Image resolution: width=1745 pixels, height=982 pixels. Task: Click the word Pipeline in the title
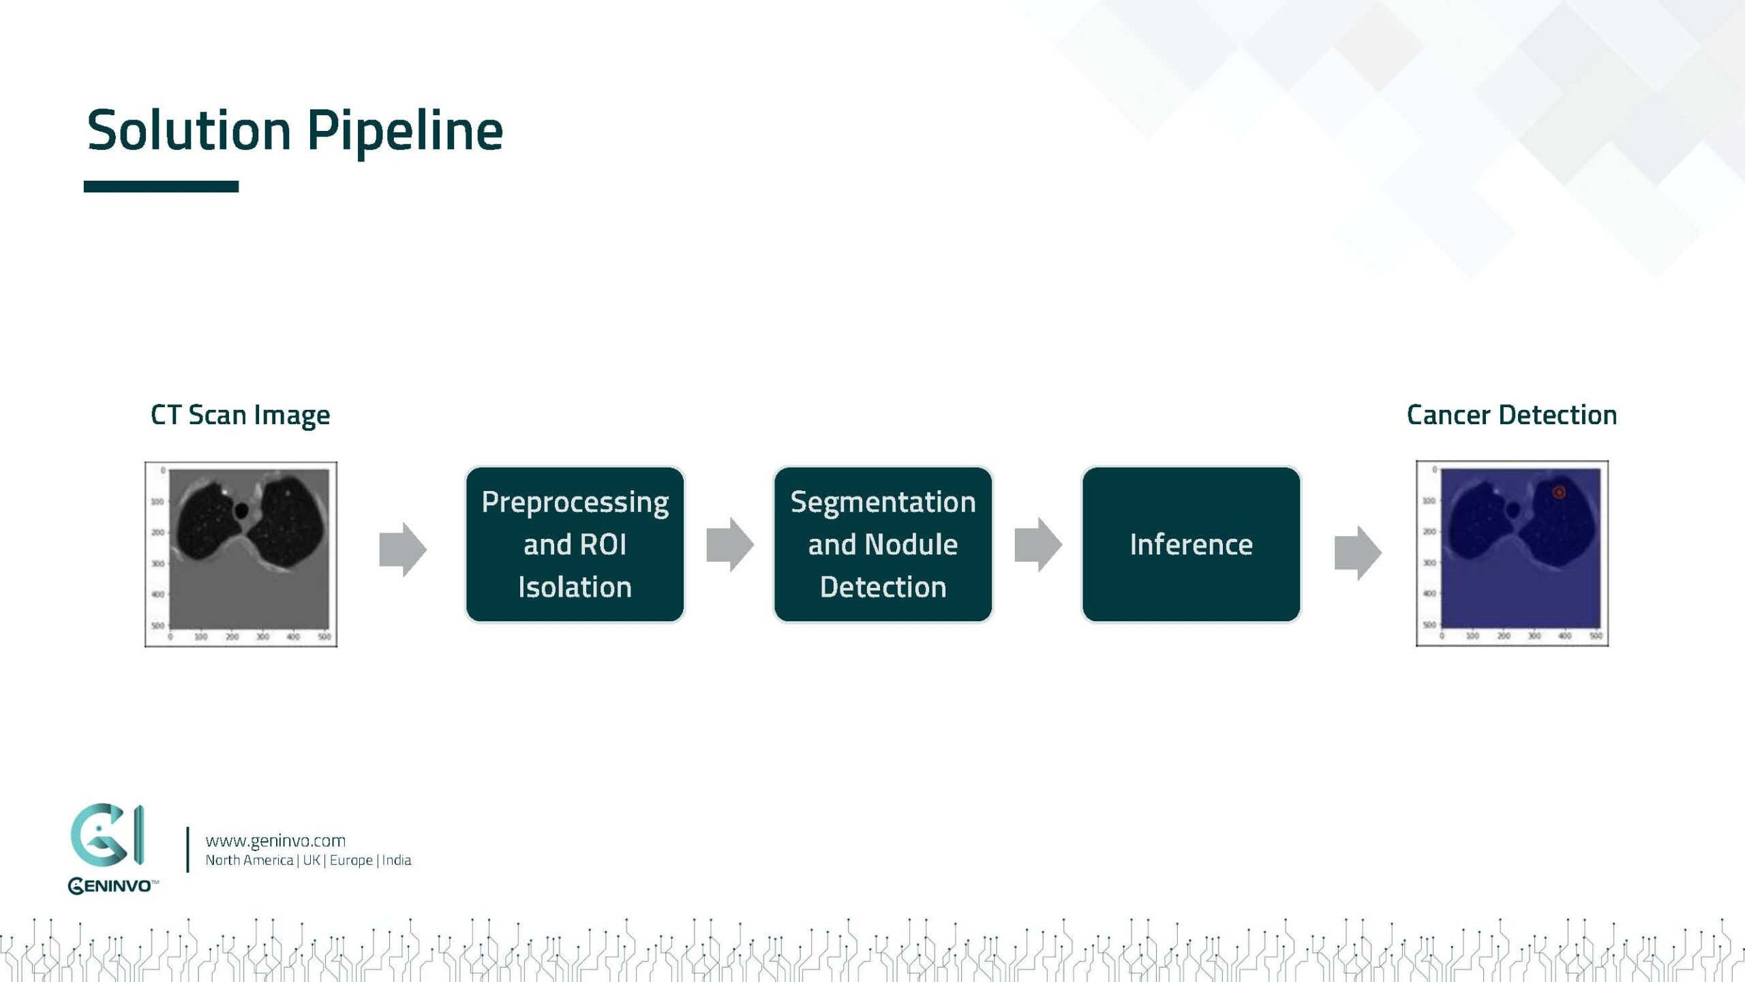pyautogui.click(x=405, y=131)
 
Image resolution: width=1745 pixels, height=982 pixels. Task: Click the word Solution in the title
pyautogui.click(x=189, y=131)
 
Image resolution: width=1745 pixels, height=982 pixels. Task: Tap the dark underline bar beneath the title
pyautogui.click(x=161, y=186)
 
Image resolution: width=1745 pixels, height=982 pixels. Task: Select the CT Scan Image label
pyautogui.click(x=240, y=415)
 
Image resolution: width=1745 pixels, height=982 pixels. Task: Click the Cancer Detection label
pyautogui.click(x=1511, y=415)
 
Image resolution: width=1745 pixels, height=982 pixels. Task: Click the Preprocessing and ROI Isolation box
pyautogui.click(x=575, y=544)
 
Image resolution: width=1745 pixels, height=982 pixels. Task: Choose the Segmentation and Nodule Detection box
pyautogui.click(x=883, y=544)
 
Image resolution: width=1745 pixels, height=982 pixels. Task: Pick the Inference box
pyautogui.click(x=1191, y=544)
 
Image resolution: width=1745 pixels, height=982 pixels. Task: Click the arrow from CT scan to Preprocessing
pyautogui.click(x=403, y=550)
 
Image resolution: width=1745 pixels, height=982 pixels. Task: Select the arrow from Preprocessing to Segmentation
pyautogui.click(x=730, y=544)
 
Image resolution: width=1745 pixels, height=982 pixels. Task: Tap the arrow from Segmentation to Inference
pyautogui.click(x=1038, y=544)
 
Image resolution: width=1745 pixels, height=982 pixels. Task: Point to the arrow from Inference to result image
pyautogui.click(x=1358, y=552)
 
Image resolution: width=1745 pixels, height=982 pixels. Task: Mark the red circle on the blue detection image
pyautogui.click(x=1558, y=492)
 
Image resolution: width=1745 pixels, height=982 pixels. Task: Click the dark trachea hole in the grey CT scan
pyautogui.click(x=241, y=510)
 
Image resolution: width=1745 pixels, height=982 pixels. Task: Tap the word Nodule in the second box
pyautogui.click(x=911, y=545)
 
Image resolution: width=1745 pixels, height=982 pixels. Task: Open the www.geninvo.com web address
pyautogui.click(x=275, y=841)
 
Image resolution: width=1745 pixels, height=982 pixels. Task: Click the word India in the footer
pyautogui.click(x=397, y=861)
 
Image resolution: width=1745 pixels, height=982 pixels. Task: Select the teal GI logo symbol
pyautogui.click(x=108, y=835)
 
